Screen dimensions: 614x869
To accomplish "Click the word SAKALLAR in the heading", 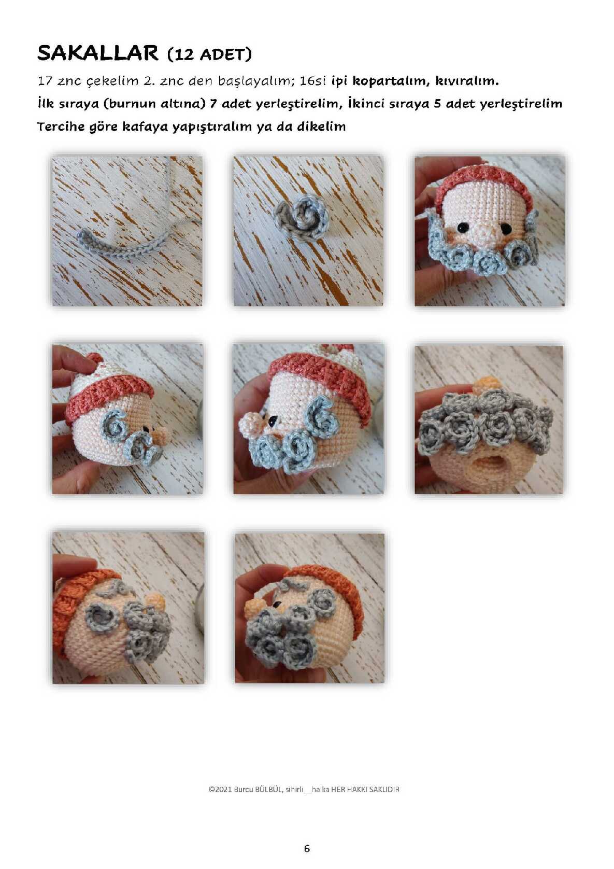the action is click(x=98, y=53).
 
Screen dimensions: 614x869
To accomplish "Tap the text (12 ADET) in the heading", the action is click(x=209, y=54).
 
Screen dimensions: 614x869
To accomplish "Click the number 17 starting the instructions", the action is click(x=45, y=81).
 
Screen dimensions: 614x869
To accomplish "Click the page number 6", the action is click(x=307, y=848).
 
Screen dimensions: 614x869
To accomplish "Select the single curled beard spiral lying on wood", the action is click(x=300, y=217).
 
